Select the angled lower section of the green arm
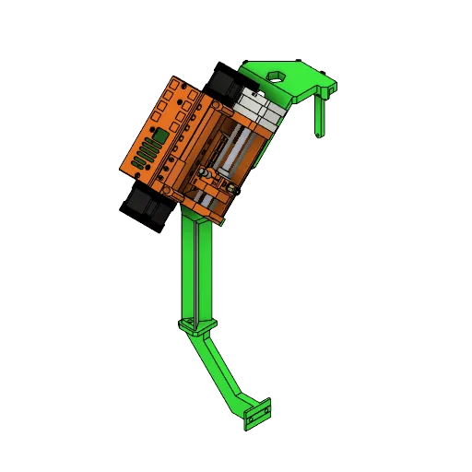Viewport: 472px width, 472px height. tap(219, 369)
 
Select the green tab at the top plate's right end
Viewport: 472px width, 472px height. tap(327, 88)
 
